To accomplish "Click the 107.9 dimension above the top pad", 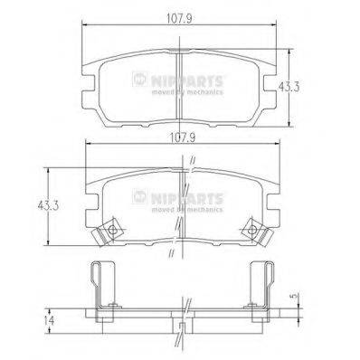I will (181, 13).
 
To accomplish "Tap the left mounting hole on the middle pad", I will (110, 232).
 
